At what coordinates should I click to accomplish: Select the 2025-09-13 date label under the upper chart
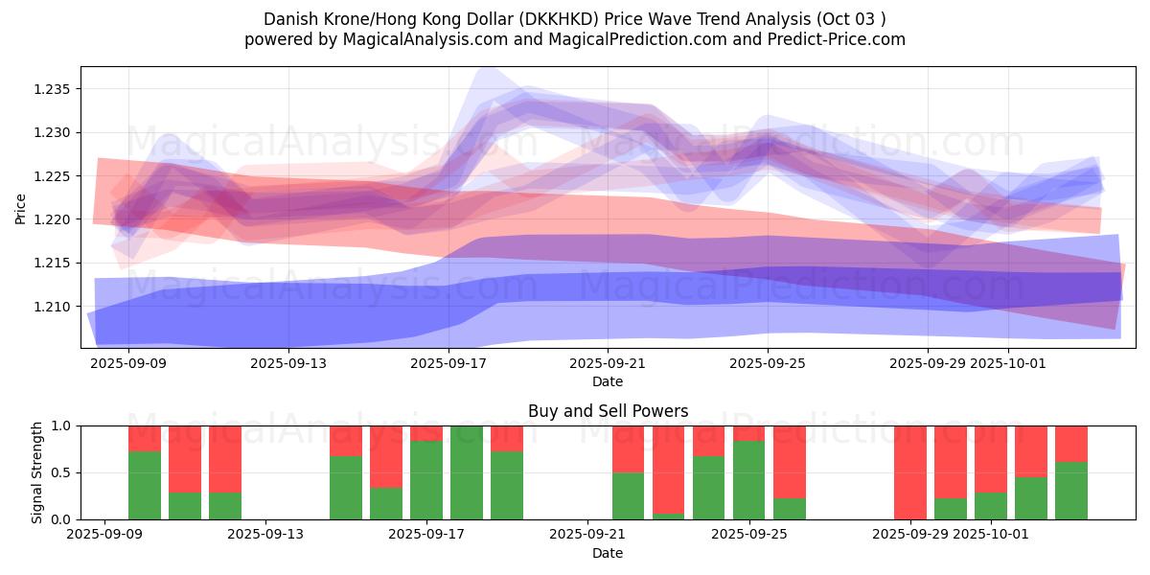click(288, 364)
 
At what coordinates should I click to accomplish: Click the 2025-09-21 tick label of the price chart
click(607, 364)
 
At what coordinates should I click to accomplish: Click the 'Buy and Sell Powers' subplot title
click(608, 411)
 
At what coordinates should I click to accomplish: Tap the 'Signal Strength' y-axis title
click(37, 472)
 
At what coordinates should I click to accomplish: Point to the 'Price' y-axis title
click(21, 208)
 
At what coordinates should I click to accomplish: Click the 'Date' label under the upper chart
click(608, 381)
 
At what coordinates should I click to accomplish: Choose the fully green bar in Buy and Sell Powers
click(467, 472)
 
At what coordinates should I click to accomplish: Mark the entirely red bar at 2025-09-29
click(910, 472)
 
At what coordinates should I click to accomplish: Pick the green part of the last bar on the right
click(1071, 491)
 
